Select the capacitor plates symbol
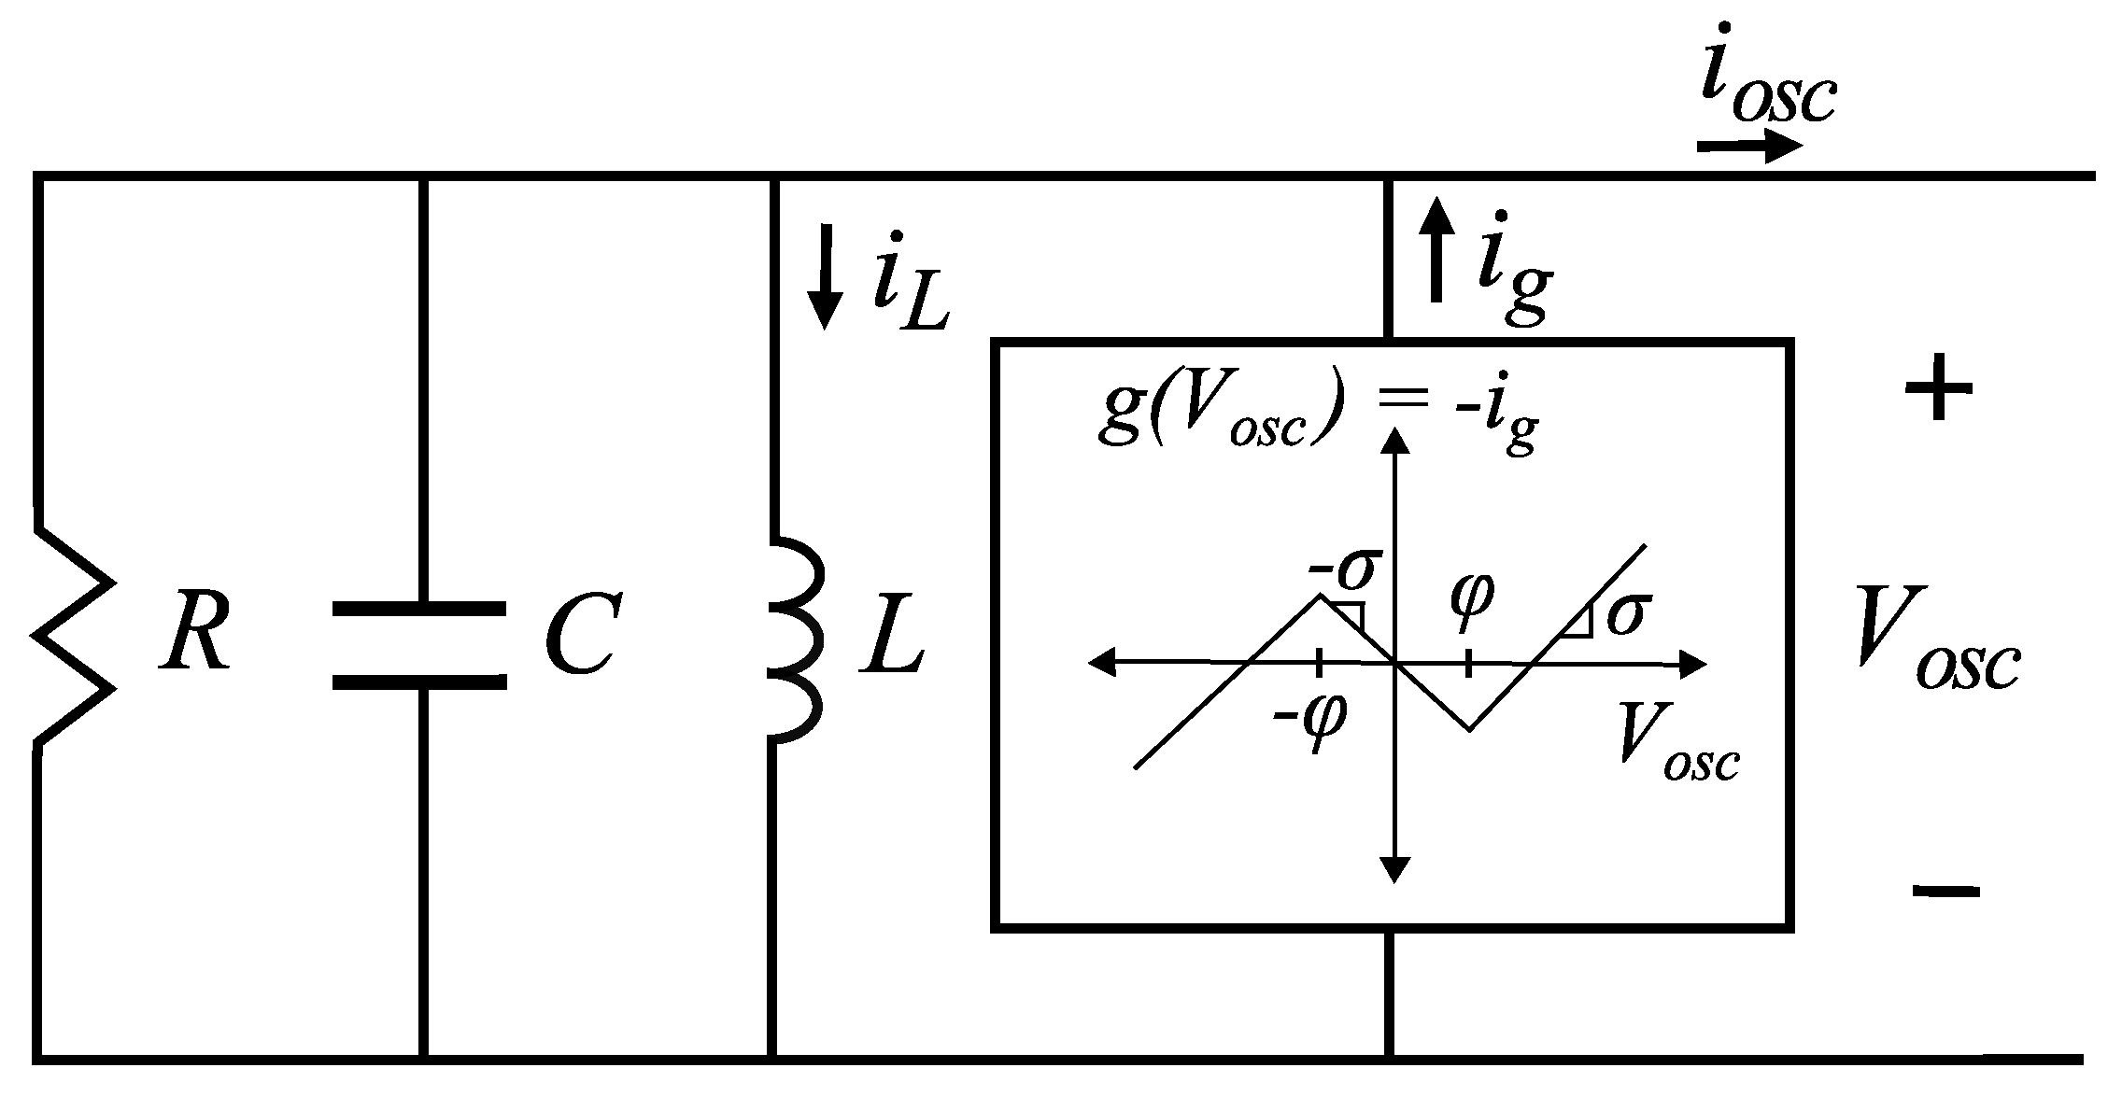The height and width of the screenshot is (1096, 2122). pyautogui.click(x=419, y=645)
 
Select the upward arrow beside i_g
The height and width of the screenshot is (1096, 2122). pyautogui.click(x=1436, y=252)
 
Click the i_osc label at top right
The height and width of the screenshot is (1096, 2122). pyautogui.click(x=1765, y=89)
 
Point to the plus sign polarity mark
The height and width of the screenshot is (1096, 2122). pyautogui.click(x=1938, y=389)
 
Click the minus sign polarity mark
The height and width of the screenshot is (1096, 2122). pyautogui.click(x=1945, y=891)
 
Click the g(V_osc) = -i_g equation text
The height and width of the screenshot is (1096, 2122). pyautogui.click(x=1317, y=417)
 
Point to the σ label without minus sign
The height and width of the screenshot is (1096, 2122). pyautogui.click(x=1626, y=614)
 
